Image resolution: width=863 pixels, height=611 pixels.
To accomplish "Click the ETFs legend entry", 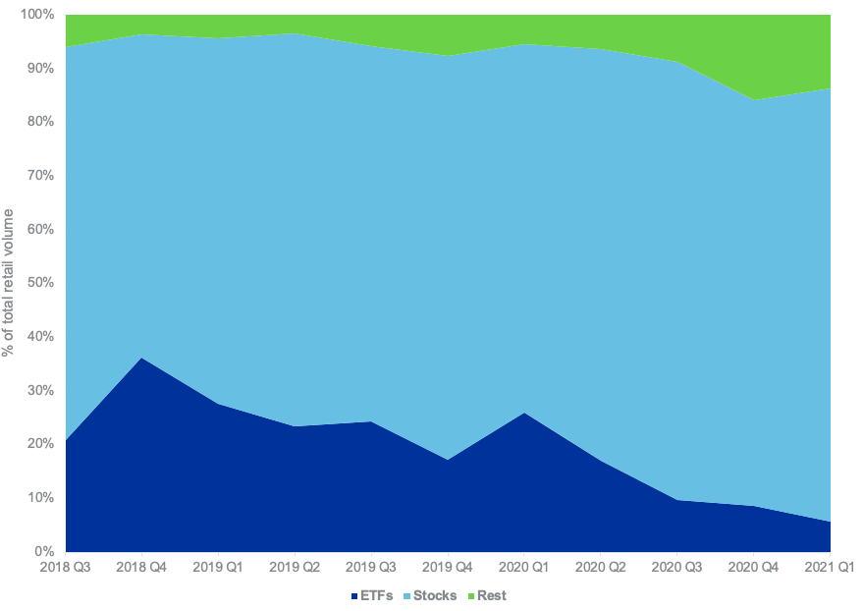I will coord(372,595).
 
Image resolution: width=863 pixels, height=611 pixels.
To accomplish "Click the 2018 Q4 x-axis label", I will coord(142,567).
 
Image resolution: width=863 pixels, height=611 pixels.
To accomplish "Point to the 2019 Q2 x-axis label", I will coord(296,567).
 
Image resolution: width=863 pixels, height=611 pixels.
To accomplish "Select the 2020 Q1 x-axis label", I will coord(525,567).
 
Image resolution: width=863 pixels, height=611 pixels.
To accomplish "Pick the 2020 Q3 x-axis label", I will coord(678,567).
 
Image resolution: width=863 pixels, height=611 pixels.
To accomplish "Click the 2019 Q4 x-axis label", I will coord(449,567).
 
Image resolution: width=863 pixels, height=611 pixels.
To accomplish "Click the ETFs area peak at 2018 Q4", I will coord(142,359).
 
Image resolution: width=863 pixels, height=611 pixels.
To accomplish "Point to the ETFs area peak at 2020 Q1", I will coord(525,414).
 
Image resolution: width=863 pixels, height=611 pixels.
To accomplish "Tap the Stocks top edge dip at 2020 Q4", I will coord(755,100).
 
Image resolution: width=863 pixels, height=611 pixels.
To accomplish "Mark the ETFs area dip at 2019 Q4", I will coord(449,460).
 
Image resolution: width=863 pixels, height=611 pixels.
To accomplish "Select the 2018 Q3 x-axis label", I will coord(66,567).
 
